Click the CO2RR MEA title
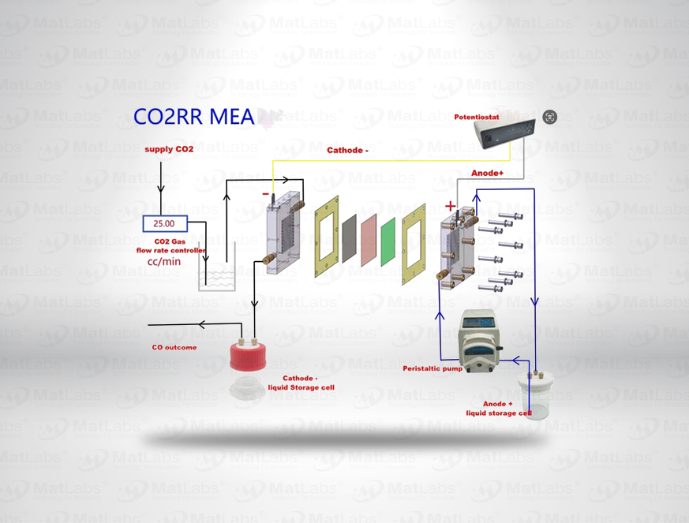(x=193, y=117)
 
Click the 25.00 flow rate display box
(x=165, y=224)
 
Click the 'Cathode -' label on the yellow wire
(x=348, y=149)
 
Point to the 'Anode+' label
(x=488, y=173)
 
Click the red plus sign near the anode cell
(x=451, y=207)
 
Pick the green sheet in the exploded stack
(x=388, y=241)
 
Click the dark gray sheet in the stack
(x=349, y=235)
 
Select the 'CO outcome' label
(x=174, y=347)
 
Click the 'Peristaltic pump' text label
(x=432, y=368)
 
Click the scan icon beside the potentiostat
(x=549, y=117)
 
